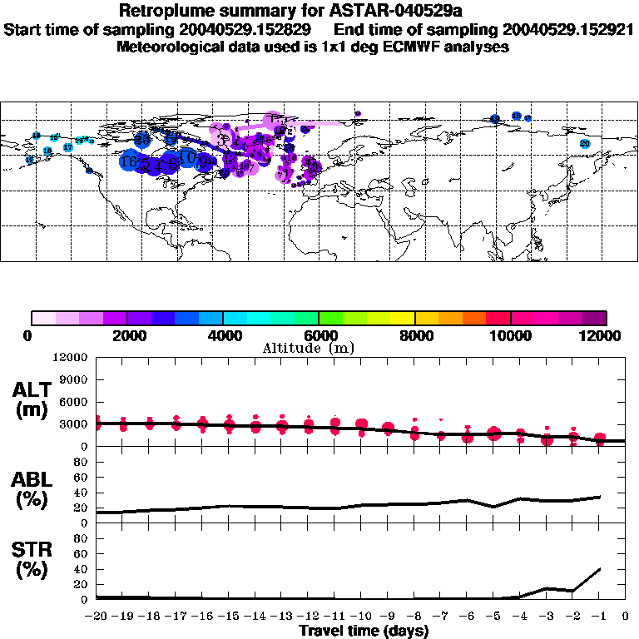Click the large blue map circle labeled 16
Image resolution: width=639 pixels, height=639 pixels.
pos(129,161)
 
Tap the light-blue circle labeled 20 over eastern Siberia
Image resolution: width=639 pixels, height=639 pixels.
pos(585,144)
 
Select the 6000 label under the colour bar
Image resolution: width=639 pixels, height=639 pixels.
pos(319,336)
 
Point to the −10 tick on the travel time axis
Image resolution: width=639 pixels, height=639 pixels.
pos(361,616)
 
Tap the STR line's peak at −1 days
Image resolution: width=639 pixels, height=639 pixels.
pos(598,569)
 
